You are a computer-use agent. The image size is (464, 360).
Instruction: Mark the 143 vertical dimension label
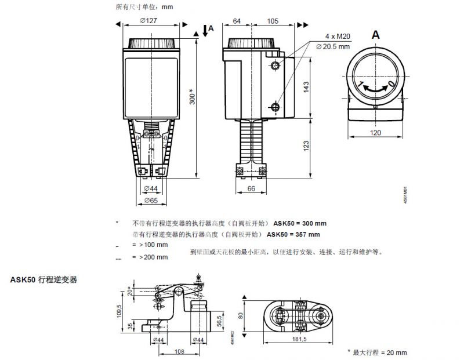tap(306, 86)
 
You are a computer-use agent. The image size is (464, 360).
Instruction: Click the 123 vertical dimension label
tap(306, 147)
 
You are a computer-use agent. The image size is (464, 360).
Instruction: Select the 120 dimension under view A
tap(376, 133)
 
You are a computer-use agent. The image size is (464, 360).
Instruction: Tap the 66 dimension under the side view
tap(251, 189)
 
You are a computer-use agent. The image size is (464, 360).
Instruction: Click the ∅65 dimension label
tap(150, 200)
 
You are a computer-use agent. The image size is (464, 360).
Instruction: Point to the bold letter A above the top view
tap(376, 35)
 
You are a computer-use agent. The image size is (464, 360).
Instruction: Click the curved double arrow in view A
tap(375, 87)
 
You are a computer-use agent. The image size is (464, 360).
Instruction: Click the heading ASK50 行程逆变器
tap(43, 279)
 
